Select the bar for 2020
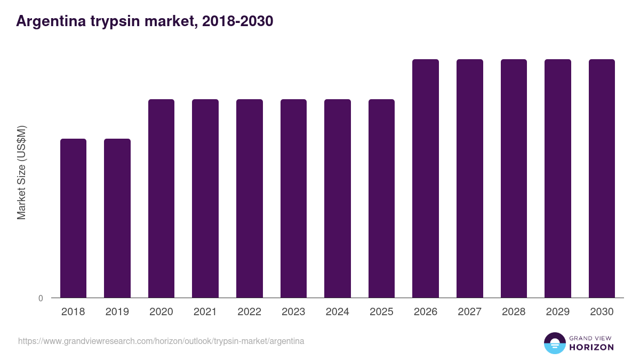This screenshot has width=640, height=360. pyautogui.click(x=161, y=198)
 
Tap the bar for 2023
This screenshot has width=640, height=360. pyautogui.click(x=293, y=198)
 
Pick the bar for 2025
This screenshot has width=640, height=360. pyautogui.click(x=381, y=198)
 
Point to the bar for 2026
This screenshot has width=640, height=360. pyautogui.click(x=426, y=178)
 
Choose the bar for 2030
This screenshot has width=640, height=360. pyautogui.click(x=602, y=178)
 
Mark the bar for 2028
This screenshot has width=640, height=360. pyautogui.click(x=514, y=178)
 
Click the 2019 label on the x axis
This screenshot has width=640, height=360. pyautogui.click(x=117, y=312)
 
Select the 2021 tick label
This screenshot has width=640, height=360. pyautogui.click(x=205, y=312)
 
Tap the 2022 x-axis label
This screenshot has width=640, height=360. pyautogui.click(x=249, y=312)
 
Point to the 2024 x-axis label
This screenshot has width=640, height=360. pyautogui.click(x=337, y=312)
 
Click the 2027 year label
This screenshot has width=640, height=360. pyautogui.click(x=469, y=312)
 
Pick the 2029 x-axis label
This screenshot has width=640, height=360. pyautogui.click(x=557, y=312)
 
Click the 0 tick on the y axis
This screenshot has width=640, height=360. pyautogui.click(x=41, y=299)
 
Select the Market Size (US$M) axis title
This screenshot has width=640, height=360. pyautogui.click(x=21, y=172)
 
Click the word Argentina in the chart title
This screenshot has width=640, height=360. pyautogui.click(x=49, y=21)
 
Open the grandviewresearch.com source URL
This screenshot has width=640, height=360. pyautogui.click(x=161, y=341)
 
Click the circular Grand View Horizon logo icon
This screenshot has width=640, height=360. pyautogui.click(x=555, y=343)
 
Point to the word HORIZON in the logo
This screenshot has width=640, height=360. pyautogui.click(x=591, y=347)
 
